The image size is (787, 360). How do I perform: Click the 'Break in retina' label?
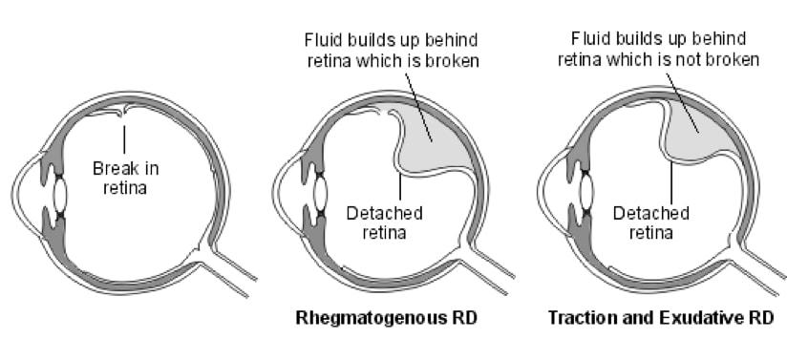[x=125, y=178]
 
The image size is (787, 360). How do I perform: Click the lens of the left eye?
[x=59, y=195]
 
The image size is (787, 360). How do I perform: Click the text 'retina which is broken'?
[x=392, y=62]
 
